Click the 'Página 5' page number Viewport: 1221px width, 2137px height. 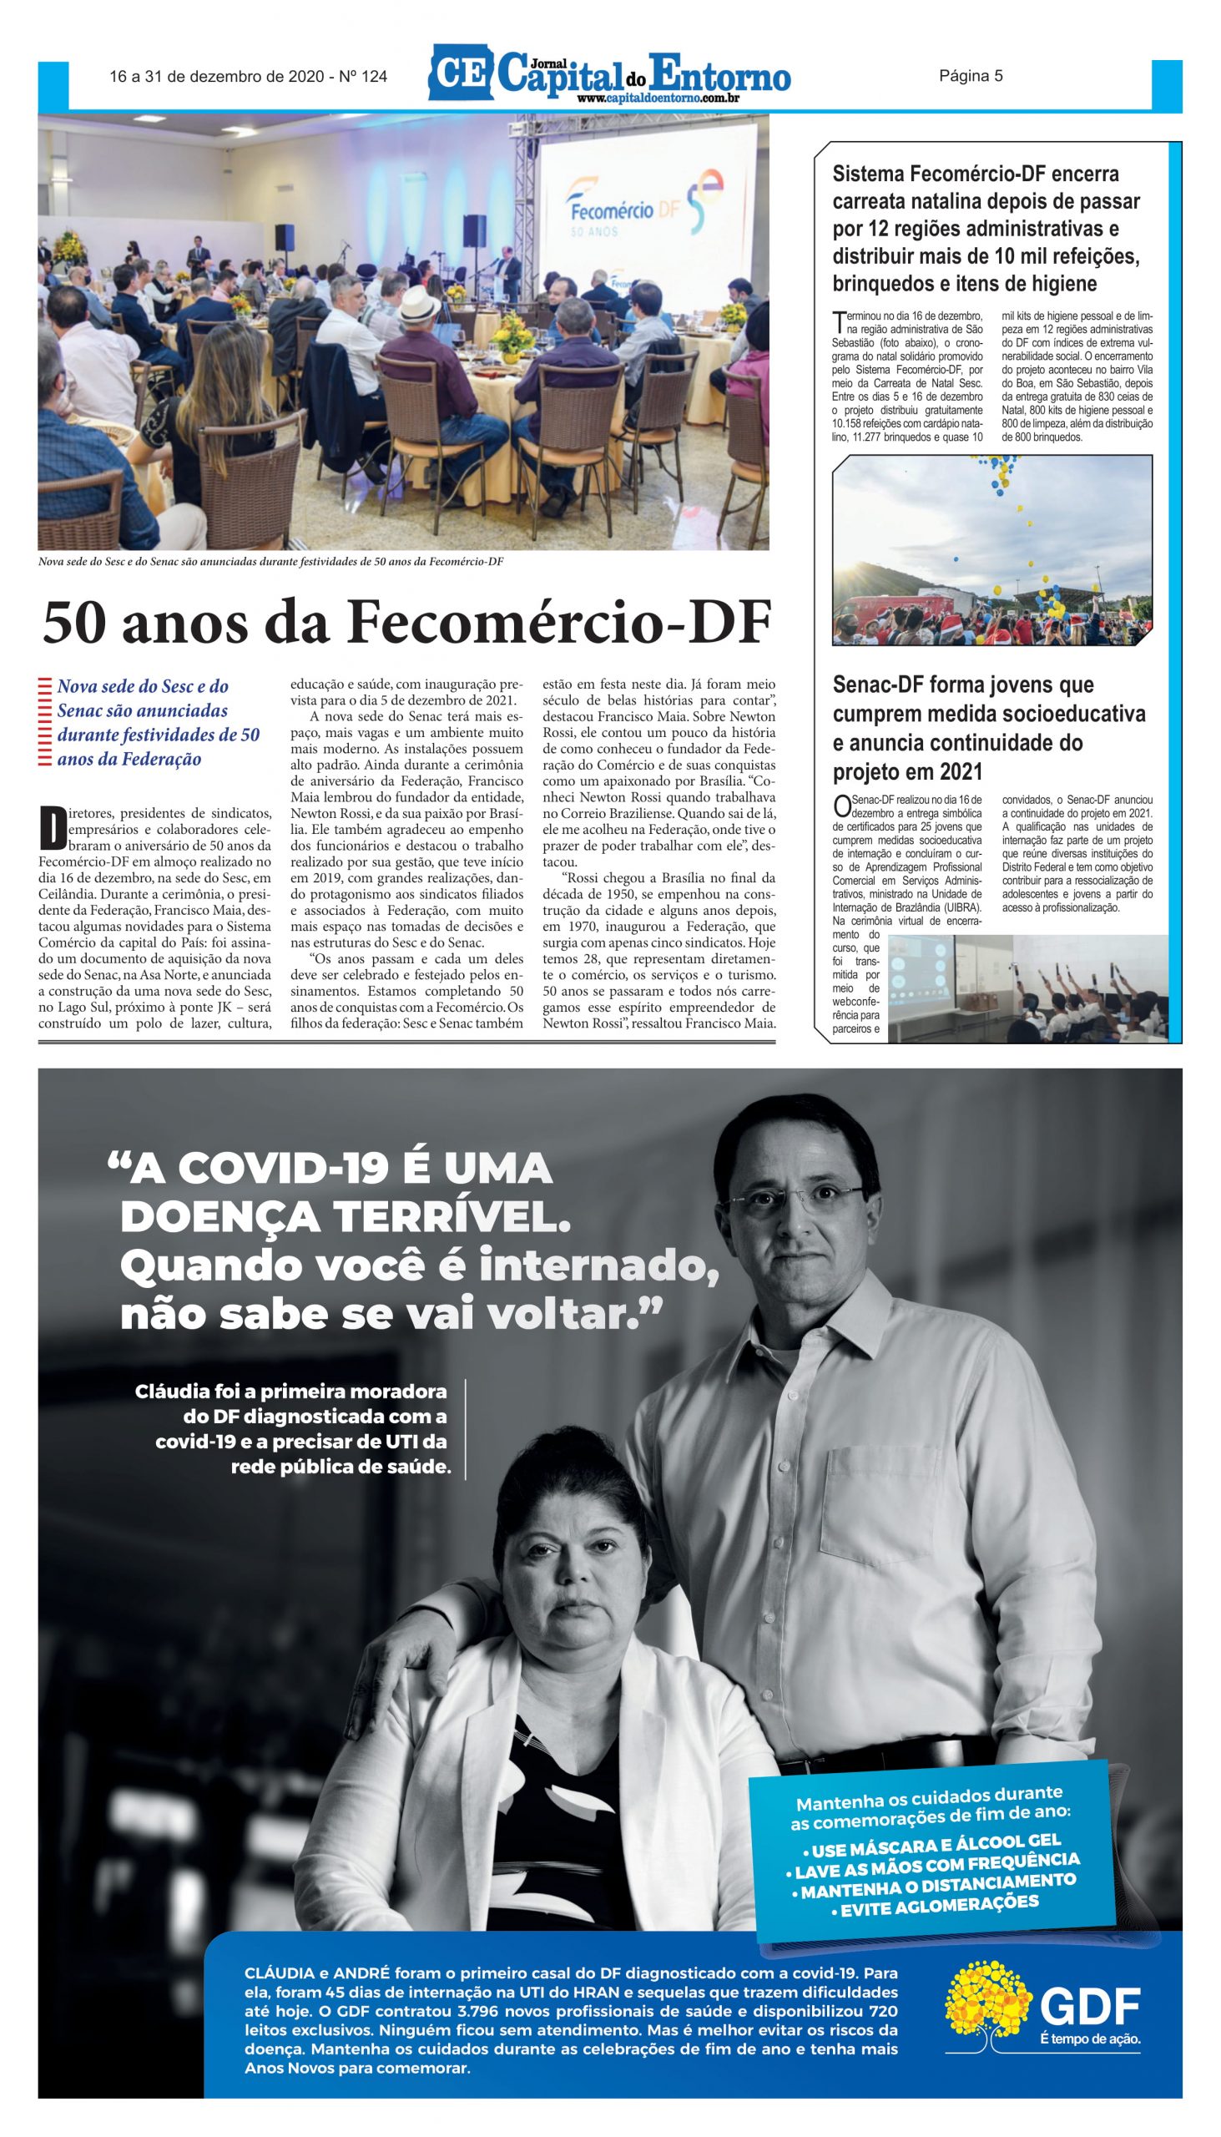pyautogui.click(x=971, y=76)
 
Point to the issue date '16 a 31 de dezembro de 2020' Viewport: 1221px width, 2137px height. pyautogui.click(x=216, y=77)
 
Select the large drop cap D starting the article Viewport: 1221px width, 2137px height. pyautogui.click(x=53, y=827)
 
